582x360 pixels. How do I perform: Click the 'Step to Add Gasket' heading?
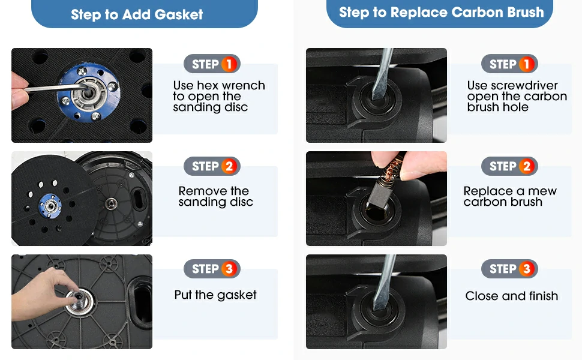pos(137,14)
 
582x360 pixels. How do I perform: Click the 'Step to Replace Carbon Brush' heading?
pos(442,12)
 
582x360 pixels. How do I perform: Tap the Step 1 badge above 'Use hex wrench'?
pos(212,64)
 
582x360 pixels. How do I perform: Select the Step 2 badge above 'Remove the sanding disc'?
pos(212,166)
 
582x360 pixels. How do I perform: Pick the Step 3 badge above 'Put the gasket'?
pos(212,268)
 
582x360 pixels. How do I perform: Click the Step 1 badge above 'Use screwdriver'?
pos(509,64)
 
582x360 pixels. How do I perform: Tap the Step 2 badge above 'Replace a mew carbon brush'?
pos(509,166)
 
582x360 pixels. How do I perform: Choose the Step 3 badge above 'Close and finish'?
pos(509,268)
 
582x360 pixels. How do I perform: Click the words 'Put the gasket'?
pos(215,295)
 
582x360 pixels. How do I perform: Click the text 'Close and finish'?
pos(511,296)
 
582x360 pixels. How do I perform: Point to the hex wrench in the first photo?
pos(56,88)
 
